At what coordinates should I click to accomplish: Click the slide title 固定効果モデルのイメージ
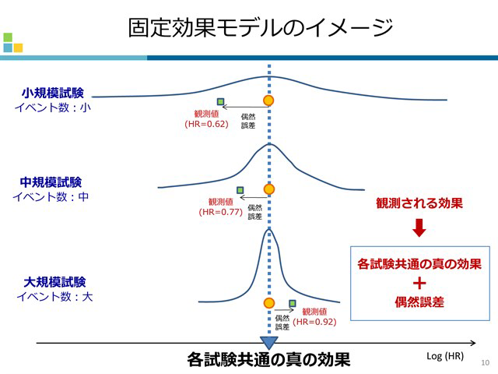coord(260,28)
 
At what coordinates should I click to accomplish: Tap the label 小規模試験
coord(53,93)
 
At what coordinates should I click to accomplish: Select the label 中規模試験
coord(51,182)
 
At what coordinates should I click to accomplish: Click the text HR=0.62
coord(206,124)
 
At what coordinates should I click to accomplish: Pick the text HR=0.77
coord(221,211)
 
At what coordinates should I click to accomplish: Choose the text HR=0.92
coord(316,321)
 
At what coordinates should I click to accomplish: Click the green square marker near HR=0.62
coord(221,101)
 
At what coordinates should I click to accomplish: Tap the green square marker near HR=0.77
coord(240,189)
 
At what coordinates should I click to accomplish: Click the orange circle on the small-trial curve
coord(269,101)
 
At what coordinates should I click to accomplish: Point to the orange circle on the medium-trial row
coord(269,189)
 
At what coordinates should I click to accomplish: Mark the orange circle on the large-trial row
coord(269,303)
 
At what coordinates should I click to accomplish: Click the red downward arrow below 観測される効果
coord(419,228)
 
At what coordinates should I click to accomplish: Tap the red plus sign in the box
coord(419,283)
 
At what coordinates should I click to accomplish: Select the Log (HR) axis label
coord(445,356)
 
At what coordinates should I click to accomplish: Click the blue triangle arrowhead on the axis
coord(269,341)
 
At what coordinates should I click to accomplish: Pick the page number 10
coord(485,362)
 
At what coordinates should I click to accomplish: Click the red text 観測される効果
coord(419,203)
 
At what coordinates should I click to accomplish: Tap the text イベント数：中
coord(51,196)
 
